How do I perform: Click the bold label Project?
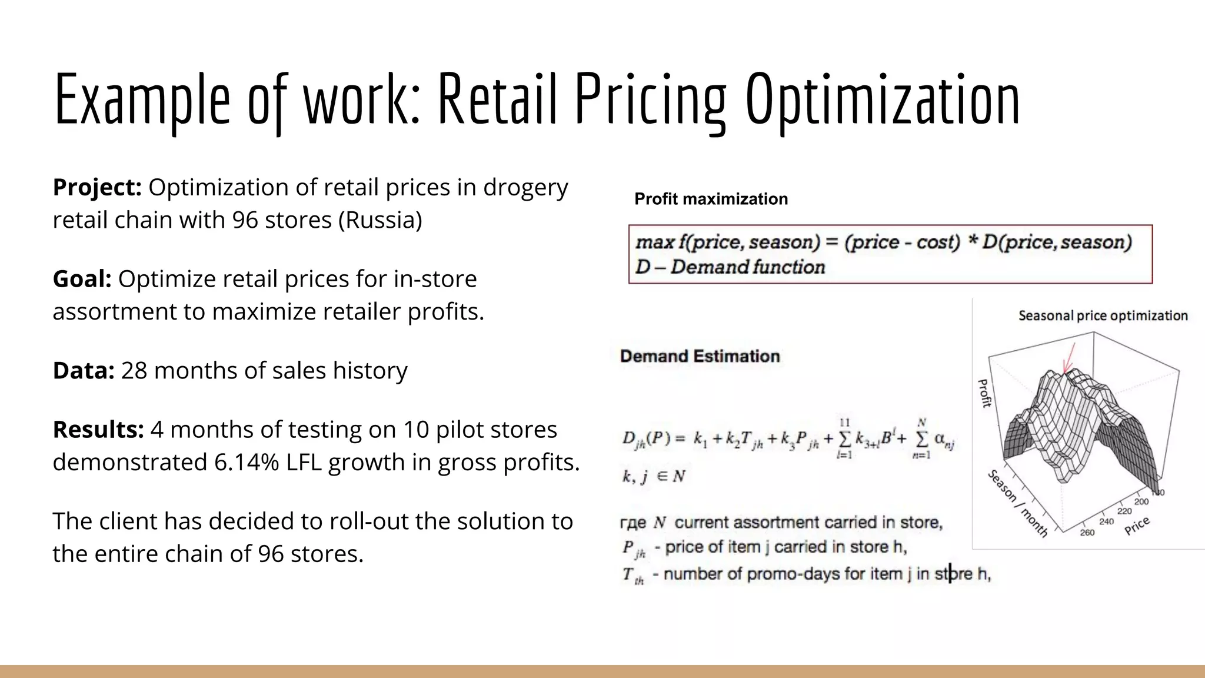tap(97, 188)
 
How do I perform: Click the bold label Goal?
tap(82, 279)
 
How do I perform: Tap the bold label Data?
tap(83, 371)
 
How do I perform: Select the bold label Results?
tap(98, 430)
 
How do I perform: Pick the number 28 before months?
tap(134, 371)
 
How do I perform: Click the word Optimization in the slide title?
tap(883, 99)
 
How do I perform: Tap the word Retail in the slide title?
tap(497, 99)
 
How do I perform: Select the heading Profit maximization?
tap(711, 199)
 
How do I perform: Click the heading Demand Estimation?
tap(700, 356)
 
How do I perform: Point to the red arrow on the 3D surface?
tap(1069, 358)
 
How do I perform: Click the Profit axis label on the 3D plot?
tap(984, 393)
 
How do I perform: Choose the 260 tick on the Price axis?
tap(1087, 533)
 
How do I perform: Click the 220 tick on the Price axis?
tap(1124, 511)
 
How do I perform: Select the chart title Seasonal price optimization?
tap(1103, 316)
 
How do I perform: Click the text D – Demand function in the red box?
tap(730, 267)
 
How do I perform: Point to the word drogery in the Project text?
tap(525, 188)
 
